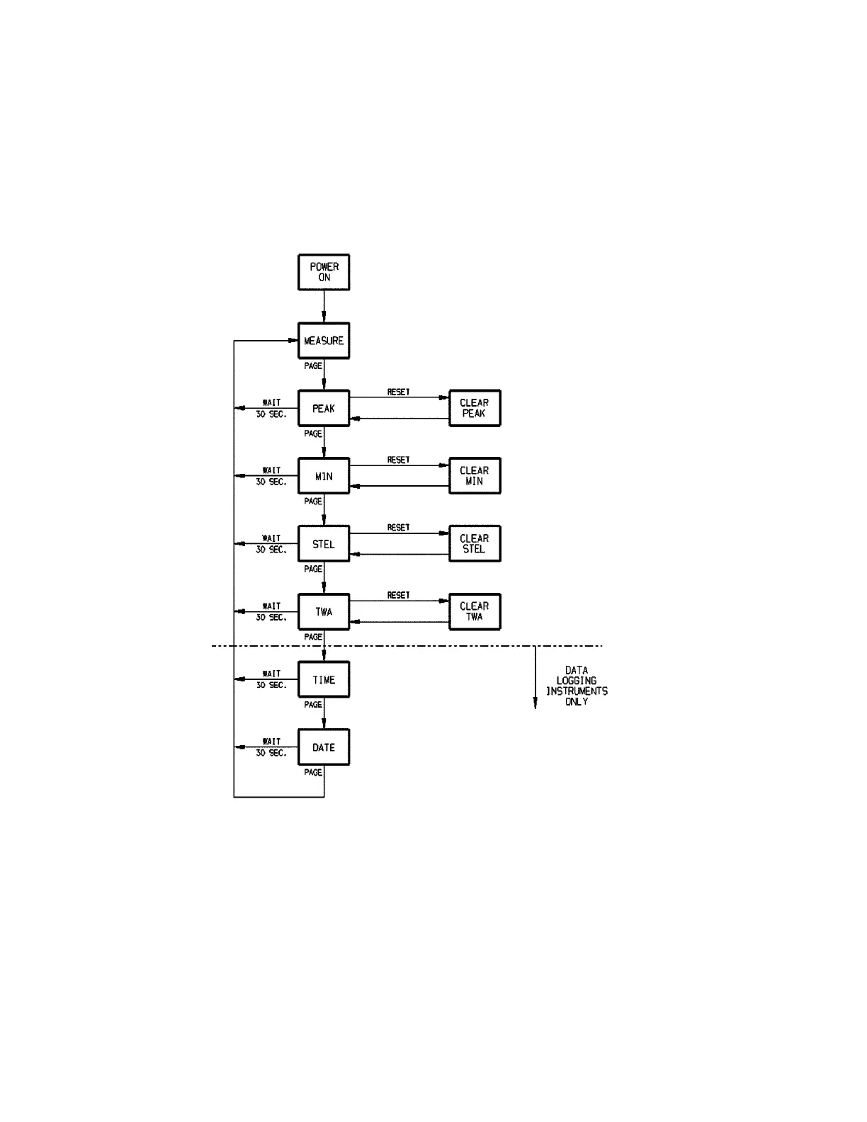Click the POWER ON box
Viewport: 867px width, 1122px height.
point(324,272)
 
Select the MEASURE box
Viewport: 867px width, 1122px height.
point(324,341)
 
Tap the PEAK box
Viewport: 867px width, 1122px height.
point(324,408)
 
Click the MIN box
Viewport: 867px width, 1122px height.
point(324,476)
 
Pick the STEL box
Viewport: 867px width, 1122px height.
point(324,544)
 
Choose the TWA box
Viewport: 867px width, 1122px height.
point(324,611)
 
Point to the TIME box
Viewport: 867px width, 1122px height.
point(324,679)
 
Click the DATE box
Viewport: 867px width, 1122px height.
point(324,747)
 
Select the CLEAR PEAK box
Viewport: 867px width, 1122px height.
point(475,408)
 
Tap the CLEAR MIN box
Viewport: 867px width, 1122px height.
point(475,476)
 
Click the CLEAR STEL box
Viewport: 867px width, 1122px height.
point(475,544)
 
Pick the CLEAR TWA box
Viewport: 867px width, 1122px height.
point(475,611)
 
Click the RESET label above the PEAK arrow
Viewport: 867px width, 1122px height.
point(398,392)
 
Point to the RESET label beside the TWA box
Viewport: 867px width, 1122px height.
point(398,595)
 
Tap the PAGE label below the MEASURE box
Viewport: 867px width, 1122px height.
point(313,366)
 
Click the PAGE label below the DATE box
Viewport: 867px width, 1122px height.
point(313,773)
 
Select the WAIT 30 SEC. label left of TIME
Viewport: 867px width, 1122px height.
point(271,679)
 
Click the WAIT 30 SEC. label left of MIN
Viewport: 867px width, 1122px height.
point(271,476)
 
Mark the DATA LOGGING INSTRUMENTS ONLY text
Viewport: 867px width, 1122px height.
point(577,686)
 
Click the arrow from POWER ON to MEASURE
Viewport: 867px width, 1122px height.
point(324,306)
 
